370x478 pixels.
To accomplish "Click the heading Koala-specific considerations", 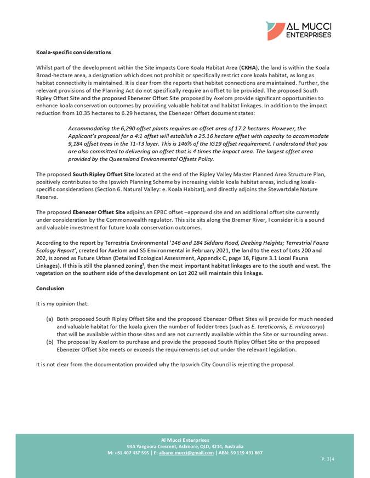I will tap(73, 53).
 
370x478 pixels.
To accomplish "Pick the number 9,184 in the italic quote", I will tap(77, 142).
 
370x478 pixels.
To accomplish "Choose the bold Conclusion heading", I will tap(50, 289).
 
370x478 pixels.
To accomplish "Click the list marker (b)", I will tap(49, 342).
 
